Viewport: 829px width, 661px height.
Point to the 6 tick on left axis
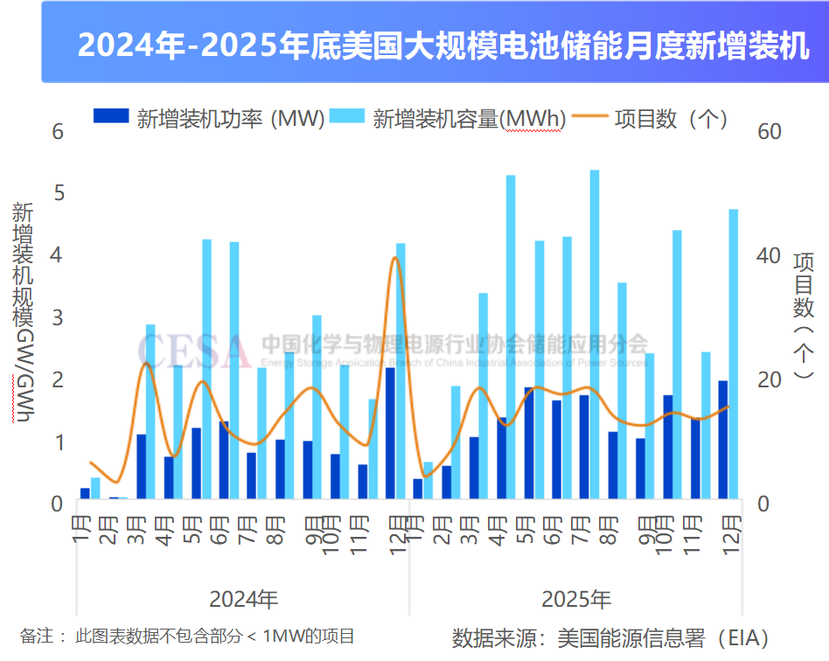point(59,132)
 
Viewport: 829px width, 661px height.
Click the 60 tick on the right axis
point(770,132)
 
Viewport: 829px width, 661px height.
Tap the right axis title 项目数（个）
point(803,315)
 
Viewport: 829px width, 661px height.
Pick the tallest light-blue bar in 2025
point(595,332)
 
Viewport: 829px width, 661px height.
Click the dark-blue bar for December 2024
point(390,433)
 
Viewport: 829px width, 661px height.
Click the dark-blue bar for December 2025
point(723,439)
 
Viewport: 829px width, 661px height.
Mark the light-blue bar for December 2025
point(734,353)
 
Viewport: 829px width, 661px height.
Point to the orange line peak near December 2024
point(395,258)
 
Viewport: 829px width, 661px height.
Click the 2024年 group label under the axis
point(244,600)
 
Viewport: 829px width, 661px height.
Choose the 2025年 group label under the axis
point(576,600)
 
